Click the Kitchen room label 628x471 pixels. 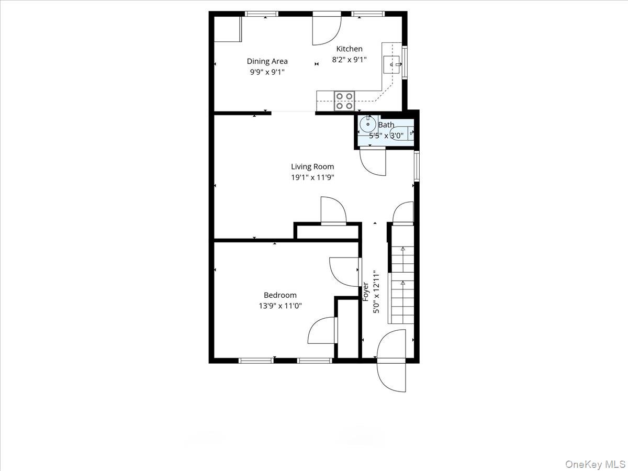(x=349, y=49)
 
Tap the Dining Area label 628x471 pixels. (x=267, y=61)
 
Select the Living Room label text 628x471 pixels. (x=312, y=166)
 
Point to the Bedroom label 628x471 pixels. (x=280, y=295)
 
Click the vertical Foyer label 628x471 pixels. (x=366, y=291)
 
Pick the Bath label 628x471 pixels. (x=386, y=125)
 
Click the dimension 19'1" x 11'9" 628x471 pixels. (x=312, y=177)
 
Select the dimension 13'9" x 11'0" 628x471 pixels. (x=280, y=306)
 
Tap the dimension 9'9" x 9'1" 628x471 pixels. (x=267, y=72)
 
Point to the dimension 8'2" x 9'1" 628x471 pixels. (x=349, y=60)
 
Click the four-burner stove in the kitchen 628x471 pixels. (x=344, y=100)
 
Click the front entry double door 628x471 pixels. (x=391, y=361)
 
